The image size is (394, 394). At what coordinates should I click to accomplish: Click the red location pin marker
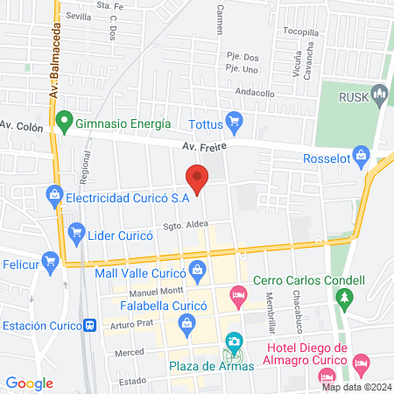point(197,178)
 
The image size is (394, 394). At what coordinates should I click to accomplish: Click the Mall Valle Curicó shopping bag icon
point(199,269)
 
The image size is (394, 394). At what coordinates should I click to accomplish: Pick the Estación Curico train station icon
point(89,325)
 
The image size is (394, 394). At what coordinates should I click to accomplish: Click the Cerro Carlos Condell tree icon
point(345,299)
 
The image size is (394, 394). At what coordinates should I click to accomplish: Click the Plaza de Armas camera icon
point(234,341)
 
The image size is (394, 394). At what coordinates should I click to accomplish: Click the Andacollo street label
point(254,93)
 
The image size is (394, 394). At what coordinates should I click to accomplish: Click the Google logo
point(29,383)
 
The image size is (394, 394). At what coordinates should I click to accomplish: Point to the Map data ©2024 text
point(355,387)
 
